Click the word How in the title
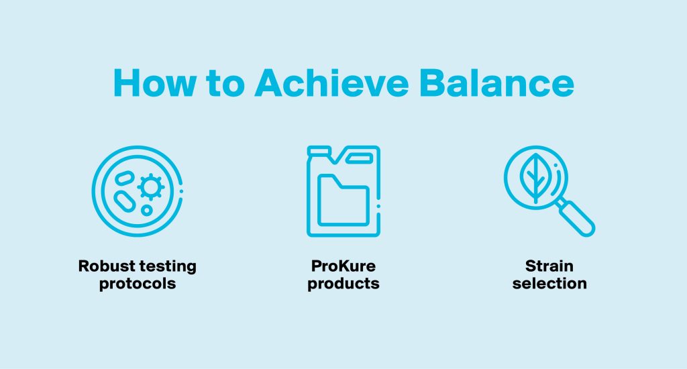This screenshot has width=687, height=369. click(154, 83)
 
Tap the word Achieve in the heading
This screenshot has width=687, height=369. click(331, 83)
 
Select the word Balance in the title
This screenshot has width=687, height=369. click(496, 83)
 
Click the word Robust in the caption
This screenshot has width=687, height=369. click(107, 266)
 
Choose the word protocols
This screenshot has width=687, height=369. click(138, 284)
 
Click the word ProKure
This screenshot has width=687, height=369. click(343, 266)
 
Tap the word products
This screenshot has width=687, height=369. click(343, 284)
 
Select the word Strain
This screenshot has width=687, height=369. click(549, 266)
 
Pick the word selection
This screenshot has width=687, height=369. click(549, 284)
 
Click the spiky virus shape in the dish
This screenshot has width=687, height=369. click(151, 187)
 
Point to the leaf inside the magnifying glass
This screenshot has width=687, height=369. click(536, 178)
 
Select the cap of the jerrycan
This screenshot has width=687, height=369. click(319, 151)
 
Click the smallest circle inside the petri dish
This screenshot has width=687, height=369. click(147, 211)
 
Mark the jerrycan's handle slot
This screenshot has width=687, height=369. click(360, 158)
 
